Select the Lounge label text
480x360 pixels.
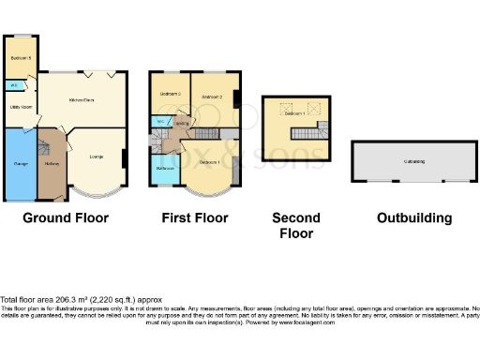point(97,157)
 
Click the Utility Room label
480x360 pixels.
point(21,108)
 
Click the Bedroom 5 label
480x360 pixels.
point(21,58)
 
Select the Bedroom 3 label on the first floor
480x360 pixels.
point(170,95)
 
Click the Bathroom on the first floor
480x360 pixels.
point(166,168)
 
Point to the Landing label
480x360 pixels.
point(182,122)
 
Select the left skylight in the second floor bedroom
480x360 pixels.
point(286,106)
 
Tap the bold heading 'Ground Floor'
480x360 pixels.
point(66,218)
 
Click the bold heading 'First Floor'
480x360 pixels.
point(196,218)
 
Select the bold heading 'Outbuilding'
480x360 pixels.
point(413,218)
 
